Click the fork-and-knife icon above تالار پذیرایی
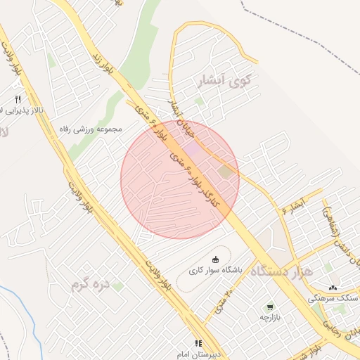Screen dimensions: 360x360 [18, 98]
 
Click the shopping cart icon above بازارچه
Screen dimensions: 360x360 [270, 307]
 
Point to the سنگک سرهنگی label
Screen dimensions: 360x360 [333, 298]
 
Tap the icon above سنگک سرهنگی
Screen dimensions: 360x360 [333, 288]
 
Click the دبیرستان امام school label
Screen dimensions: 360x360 [198, 354]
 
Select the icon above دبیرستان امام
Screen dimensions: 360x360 [198, 343]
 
